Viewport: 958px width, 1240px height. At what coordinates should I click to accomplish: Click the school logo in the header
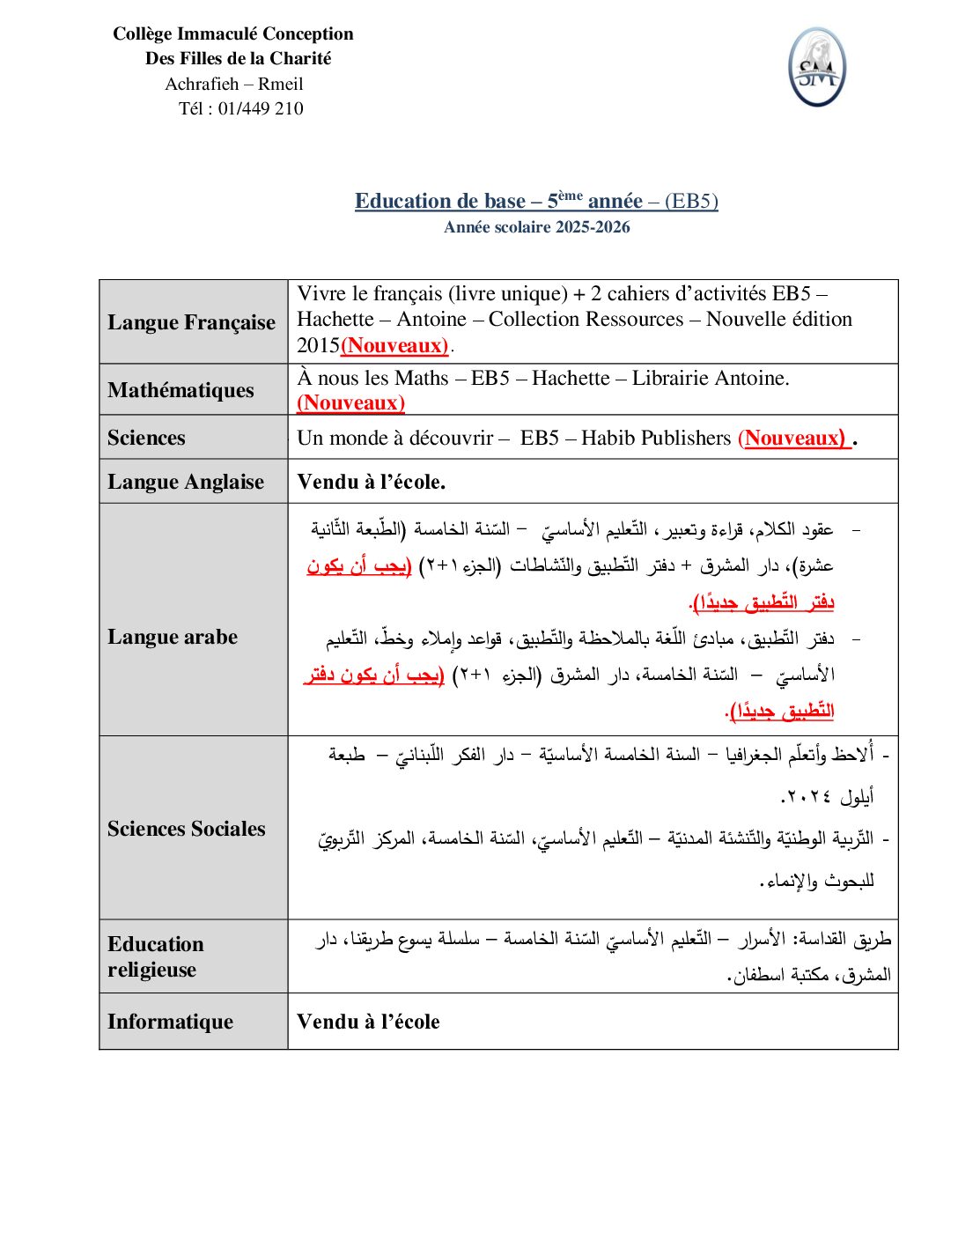(817, 67)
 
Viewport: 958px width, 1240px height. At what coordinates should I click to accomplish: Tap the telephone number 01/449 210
(261, 109)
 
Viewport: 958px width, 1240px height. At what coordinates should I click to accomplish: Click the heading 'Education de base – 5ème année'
(498, 201)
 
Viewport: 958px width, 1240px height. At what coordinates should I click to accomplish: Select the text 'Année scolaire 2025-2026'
(537, 227)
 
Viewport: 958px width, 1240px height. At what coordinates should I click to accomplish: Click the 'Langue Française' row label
(192, 322)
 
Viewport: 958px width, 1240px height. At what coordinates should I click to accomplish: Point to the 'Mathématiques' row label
(181, 390)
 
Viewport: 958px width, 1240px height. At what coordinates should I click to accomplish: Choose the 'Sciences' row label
(146, 438)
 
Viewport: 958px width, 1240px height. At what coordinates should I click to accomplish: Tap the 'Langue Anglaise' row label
(186, 482)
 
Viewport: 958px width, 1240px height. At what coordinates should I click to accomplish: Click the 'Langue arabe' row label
(173, 637)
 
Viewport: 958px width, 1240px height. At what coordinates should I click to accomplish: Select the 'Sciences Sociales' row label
(187, 829)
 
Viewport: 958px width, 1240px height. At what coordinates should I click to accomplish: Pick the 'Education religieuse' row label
(156, 956)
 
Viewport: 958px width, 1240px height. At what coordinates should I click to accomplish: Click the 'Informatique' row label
(171, 1022)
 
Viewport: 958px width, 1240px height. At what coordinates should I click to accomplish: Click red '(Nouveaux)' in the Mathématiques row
(350, 403)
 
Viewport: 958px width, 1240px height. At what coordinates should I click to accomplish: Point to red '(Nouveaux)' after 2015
(394, 345)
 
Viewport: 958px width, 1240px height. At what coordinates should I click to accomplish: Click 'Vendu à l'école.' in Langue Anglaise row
(371, 482)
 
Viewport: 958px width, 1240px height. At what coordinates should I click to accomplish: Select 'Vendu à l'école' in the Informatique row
(368, 1022)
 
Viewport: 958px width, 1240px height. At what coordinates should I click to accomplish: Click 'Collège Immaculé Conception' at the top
(233, 34)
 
